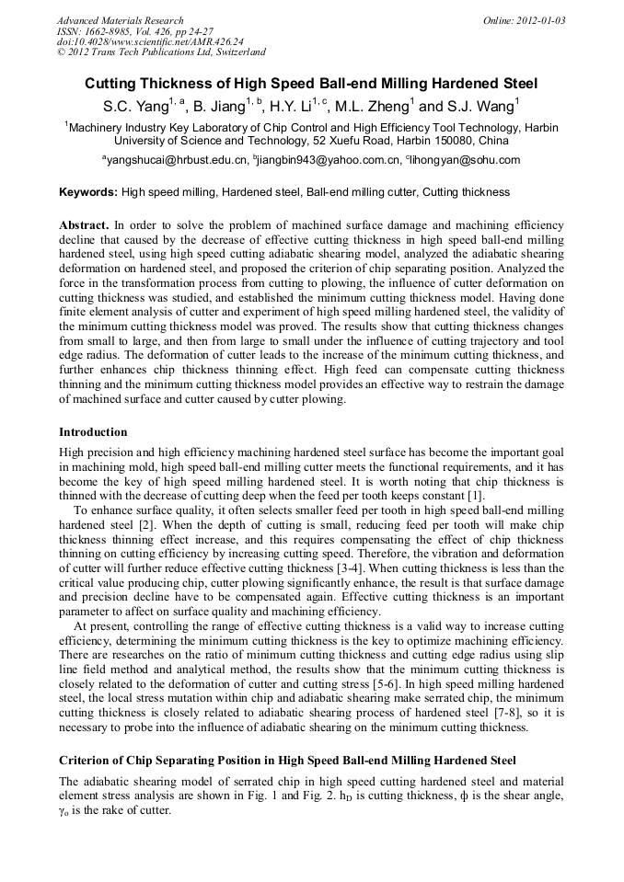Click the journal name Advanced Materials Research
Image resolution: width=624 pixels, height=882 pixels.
point(120,20)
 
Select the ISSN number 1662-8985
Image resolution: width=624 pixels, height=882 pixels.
point(115,31)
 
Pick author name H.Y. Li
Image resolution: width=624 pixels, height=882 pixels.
point(295,106)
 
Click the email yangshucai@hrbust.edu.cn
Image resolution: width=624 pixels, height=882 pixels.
point(176,160)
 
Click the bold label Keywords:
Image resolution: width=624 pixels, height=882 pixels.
point(88,192)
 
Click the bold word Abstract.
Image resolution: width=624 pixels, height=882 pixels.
point(83,224)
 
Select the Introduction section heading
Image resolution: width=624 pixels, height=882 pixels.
point(93,431)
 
